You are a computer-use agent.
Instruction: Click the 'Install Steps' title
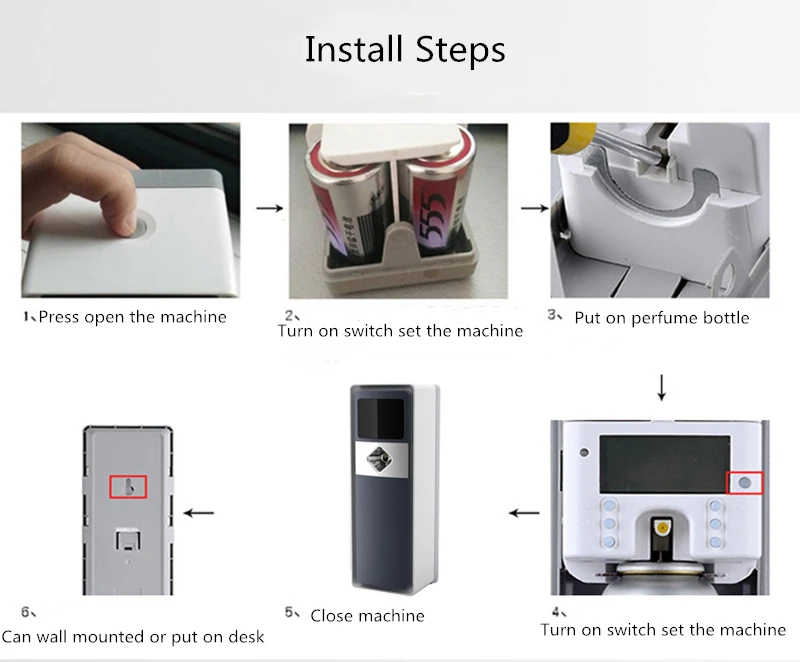coord(405,49)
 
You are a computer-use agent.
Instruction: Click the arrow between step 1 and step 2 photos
coord(269,208)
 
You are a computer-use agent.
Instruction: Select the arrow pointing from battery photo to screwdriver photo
coord(534,208)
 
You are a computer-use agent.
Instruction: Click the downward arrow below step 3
coord(661,388)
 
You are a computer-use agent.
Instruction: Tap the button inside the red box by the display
coord(744,482)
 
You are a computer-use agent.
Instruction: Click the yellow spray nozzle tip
coord(662,527)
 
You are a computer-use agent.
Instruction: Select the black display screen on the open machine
coord(664,464)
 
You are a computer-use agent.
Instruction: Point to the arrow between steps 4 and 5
coord(524,513)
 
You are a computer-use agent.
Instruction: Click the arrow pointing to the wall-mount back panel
coord(198,513)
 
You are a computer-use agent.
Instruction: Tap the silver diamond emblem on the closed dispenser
coord(381,458)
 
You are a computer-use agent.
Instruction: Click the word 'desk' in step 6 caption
coord(246,637)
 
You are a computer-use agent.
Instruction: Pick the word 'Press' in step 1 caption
coord(59,317)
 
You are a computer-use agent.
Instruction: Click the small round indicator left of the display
coord(584,452)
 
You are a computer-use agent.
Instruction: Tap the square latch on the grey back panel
coord(128,540)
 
